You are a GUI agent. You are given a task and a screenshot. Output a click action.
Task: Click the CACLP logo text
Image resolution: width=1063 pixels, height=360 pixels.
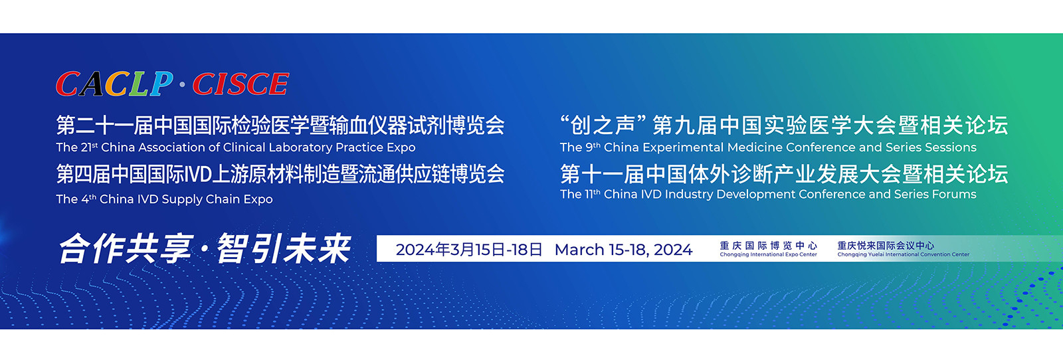(x=114, y=84)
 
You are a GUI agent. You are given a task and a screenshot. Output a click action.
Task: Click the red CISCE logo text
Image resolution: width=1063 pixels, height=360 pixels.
(x=240, y=84)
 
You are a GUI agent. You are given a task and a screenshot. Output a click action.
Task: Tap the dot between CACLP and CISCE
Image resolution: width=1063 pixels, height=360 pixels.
(x=182, y=85)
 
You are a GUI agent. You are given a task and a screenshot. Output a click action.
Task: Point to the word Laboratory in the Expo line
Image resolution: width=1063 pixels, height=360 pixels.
(x=300, y=147)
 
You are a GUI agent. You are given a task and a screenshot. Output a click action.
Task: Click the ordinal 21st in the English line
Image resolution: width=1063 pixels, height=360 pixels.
(x=89, y=147)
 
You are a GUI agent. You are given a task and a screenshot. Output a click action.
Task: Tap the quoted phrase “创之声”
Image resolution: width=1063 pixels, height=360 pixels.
(x=604, y=125)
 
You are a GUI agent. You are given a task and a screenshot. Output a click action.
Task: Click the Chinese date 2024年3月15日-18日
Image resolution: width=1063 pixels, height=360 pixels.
(x=469, y=249)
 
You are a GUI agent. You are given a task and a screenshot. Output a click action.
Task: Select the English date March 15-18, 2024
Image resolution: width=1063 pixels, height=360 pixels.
(x=624, y=250)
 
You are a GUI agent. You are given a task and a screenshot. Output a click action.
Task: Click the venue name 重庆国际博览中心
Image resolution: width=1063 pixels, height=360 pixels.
(x=768, y=245)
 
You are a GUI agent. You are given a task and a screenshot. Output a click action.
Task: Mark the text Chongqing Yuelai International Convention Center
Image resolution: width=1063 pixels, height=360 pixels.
(x=903, y=254)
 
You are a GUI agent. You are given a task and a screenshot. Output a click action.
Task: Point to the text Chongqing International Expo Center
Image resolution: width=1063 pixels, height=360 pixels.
(x=768, y=254)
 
